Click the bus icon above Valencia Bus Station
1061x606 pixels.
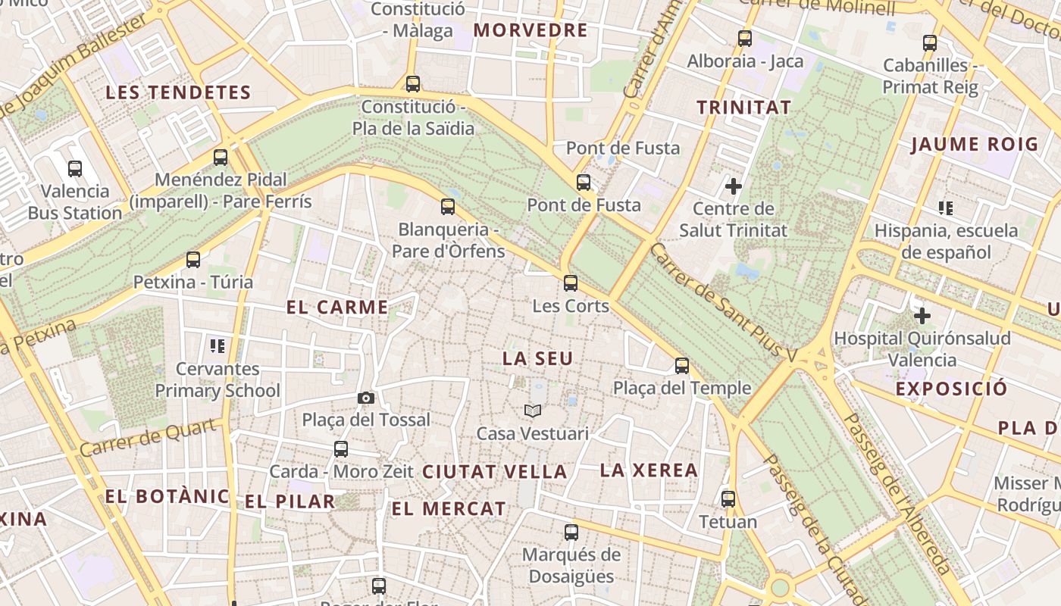(75, 168)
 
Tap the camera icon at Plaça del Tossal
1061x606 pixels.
(365, 398)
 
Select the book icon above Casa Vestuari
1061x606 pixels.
(533, 411)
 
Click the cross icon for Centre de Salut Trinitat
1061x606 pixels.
(733, 186)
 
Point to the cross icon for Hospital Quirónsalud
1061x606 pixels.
(922, 315)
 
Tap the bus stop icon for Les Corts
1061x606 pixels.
(571, 283)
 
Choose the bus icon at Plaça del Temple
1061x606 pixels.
(682, 366)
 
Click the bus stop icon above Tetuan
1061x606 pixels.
(728, 499)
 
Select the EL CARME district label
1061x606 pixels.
(337, 307)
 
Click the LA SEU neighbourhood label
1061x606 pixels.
(538, 358)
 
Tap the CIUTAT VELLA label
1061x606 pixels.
(494, 471)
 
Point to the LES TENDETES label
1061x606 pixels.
(178, 92)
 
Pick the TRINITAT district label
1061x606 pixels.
(743, 107)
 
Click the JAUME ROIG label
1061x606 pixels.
(974, 144)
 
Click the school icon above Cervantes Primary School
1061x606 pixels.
(218, 346)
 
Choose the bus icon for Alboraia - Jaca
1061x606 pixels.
(745, 38)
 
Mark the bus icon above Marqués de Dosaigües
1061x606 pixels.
(571, 532)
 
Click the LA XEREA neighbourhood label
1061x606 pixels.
(649, 470)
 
